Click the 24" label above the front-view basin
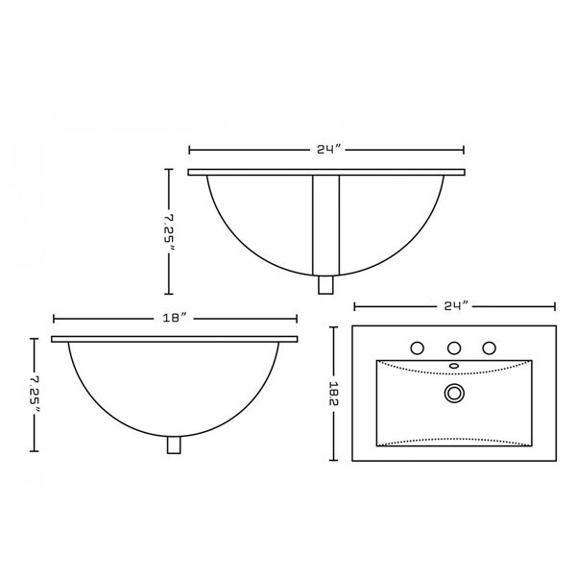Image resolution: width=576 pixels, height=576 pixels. (x=326, y=150)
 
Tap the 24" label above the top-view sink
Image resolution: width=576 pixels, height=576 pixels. (x=455, y=306)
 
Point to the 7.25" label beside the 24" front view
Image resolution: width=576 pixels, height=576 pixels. (x=170, y=231)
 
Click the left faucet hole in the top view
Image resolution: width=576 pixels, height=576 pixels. (x=418, y=347)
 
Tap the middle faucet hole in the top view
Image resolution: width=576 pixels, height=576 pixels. (x=454, y=347)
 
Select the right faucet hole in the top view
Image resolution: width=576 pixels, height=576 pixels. (x=490, y=347)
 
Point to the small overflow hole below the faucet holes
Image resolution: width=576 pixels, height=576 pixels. (x=454, y=366)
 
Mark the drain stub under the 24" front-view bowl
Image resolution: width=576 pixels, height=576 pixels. (x=325, y=284)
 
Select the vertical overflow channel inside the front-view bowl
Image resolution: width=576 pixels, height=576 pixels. (x=326, y=223)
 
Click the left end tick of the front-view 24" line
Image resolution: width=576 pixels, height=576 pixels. (x=189, y=150)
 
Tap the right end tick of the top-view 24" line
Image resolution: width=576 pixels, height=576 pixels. (x=555, y=306)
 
